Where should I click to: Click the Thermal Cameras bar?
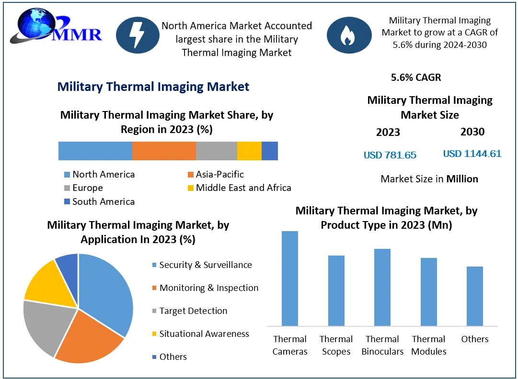tap(290, 279)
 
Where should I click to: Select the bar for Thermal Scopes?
tap(336, 290)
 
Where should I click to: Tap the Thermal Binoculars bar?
tap(382, 287)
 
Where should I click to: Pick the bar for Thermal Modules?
tap(428, 292)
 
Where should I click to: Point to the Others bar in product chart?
tap(474, 296)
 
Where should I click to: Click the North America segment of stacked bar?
tap(95, 151)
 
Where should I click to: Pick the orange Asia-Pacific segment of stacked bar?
tap(164, 151)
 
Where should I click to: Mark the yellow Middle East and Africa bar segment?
tap(249, 151)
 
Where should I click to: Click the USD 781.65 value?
tap(390, 155)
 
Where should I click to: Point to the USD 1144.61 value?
tap(472, 154)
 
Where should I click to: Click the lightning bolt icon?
tap(138, 34)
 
